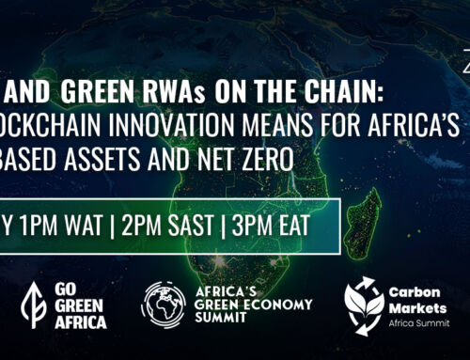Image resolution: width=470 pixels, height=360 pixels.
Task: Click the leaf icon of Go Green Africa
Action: click(32, 305)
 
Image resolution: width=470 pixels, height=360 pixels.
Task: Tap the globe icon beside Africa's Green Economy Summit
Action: click(163, 305)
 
